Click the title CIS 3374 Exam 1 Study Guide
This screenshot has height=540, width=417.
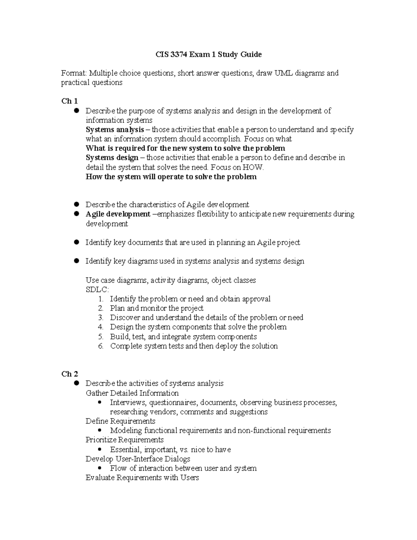(208, 54)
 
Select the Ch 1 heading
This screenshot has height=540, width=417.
(69, 101)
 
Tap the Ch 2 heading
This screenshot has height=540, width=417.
(69, 374)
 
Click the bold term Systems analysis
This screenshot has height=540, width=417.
(115, 130)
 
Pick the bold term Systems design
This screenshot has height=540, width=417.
(112, 158)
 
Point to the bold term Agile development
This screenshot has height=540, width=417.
(118, 214)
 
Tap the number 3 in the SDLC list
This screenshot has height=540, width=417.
(100, 317)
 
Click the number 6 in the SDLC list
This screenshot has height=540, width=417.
(100, 346)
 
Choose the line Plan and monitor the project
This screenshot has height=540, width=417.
(156, 308)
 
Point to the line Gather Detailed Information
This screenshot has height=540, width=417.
(132, 393)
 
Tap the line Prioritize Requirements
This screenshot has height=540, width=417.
(124, 440)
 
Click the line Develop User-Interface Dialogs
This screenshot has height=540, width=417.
(138, 459)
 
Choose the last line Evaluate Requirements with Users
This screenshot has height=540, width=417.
(142, 477)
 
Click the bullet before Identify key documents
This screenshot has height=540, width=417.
(77, 242)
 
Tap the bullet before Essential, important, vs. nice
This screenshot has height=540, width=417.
(100, 449)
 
